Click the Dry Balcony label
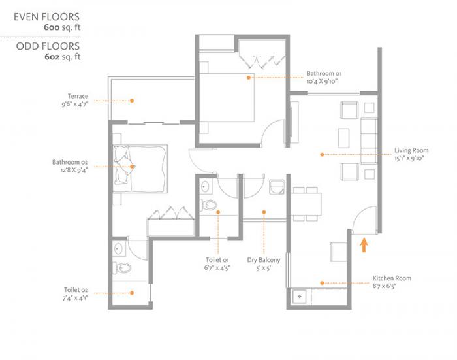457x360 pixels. tap(264, 260)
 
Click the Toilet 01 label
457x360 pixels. tap(217, 260)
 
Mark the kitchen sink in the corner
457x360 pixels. tap(300, 296)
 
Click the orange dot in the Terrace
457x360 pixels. tap(132, 101)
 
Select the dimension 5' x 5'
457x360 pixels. tap(264, 268)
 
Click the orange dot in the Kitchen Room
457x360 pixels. tap(322, 282)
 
